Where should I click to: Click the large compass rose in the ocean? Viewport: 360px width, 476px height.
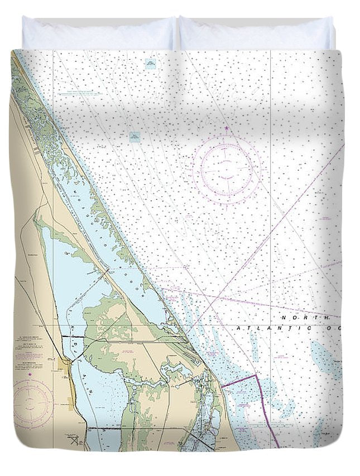click(x=227, y=167)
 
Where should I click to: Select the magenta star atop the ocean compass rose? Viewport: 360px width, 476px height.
click(x=227, y=129)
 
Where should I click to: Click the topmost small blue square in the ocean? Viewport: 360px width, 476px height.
click(x=150, y=64)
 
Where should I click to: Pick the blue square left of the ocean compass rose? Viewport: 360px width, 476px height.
click(x=135, y=136)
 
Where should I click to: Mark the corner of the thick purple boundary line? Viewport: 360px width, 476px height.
click(x=256, y=376)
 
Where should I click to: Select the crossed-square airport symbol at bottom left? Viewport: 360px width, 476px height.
click(x=74, y=440)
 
